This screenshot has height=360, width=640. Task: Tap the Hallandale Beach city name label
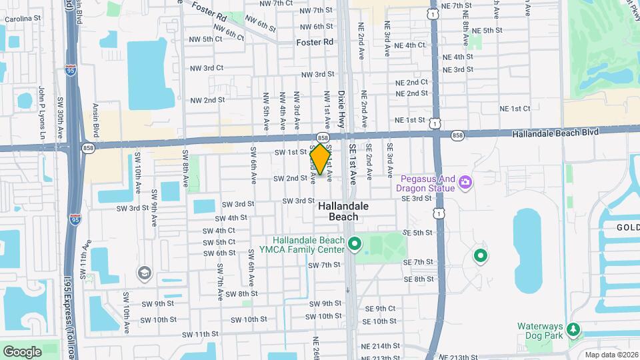337,211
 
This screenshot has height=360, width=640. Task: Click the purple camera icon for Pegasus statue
465,181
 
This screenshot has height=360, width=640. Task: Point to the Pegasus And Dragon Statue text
428,183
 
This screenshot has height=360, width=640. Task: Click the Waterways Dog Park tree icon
572,330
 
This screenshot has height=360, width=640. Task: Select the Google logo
22,351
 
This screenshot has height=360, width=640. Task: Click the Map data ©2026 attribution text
611,355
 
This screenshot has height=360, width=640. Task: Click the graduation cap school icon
143,273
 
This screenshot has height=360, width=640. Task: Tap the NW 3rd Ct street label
206,68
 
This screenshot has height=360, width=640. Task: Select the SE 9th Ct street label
380,309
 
